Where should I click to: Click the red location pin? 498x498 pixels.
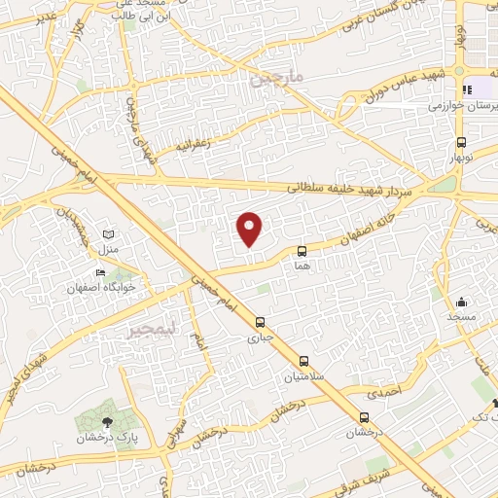(250, 229)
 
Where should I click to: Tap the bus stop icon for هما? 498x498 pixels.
(302, 251)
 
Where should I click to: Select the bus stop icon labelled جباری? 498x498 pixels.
(260, 322)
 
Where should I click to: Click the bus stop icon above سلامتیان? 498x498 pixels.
(303, 361)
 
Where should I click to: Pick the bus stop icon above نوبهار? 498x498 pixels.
(460, 141)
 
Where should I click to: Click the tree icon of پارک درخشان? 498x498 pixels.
(108, 421)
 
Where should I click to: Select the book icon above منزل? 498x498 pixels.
(108, 234)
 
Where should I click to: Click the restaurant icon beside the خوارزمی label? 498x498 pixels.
(467, 89)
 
